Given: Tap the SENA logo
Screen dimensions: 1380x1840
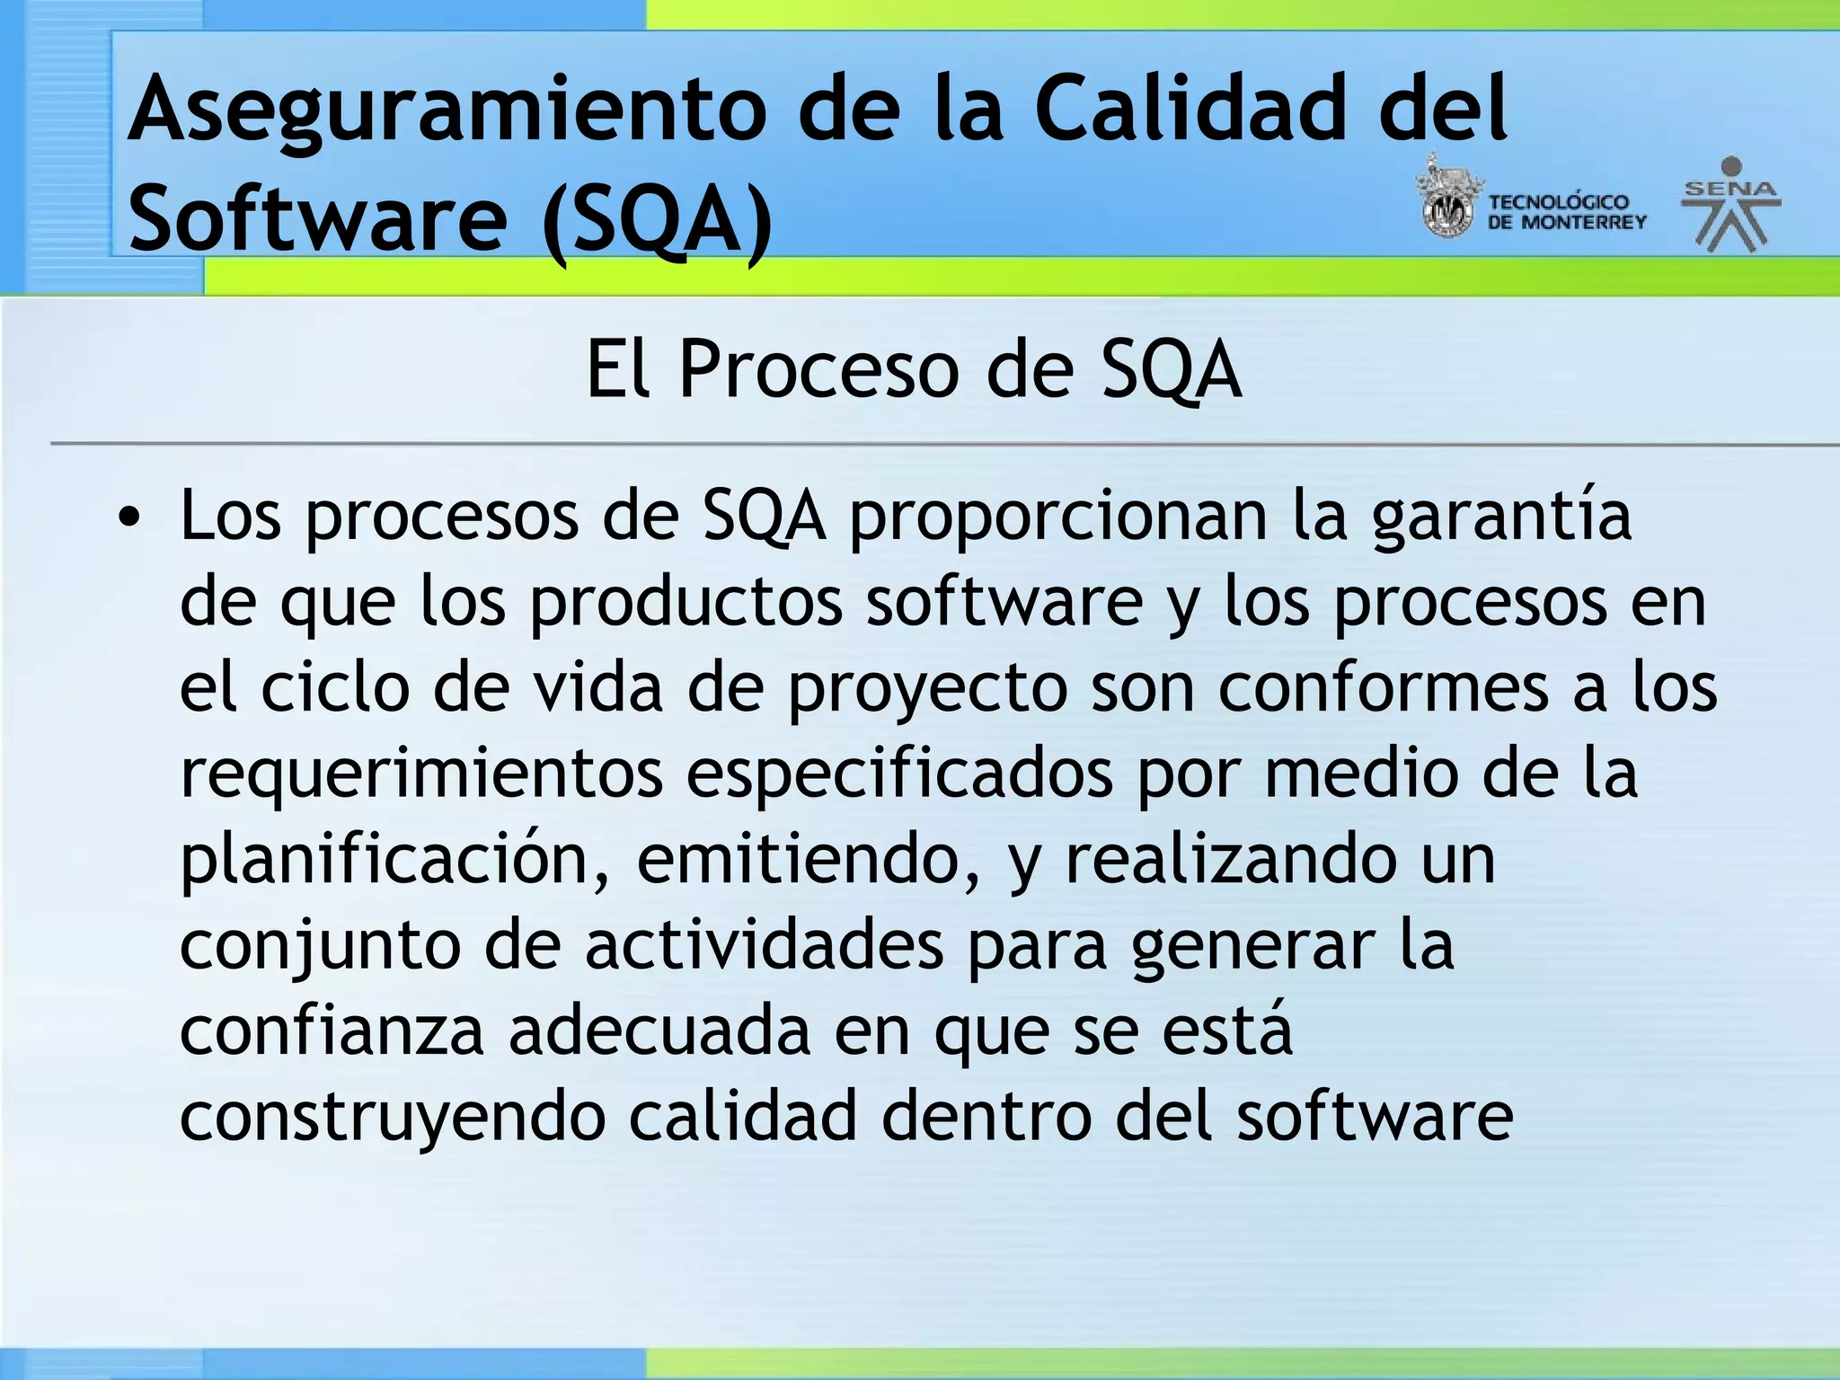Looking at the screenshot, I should click(x=1730, y=205).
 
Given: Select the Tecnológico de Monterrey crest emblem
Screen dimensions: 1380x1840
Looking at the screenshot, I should click(x=1446, y=199).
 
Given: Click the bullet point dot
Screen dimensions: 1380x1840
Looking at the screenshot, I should click(x=130, y=518).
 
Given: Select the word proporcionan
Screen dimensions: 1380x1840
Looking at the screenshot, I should click(x=1057, y=518).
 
